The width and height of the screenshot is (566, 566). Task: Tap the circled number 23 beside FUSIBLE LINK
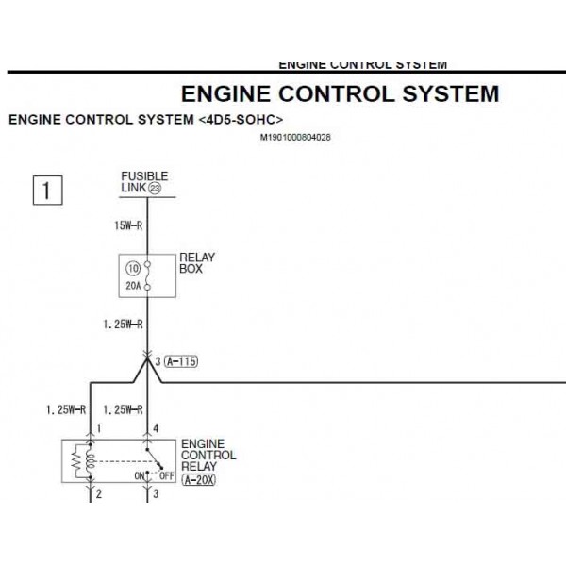point(155,189)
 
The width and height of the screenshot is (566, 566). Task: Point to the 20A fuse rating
point(133,283)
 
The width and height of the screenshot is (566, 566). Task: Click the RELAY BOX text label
point(196,263)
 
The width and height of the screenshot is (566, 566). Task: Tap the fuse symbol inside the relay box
point(148,275)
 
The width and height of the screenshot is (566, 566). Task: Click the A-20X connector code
point(198,479)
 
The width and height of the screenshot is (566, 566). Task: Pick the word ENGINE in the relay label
point(202,442)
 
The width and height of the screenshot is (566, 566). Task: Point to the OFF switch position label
point(169,476)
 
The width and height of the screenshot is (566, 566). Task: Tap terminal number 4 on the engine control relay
point(156,428)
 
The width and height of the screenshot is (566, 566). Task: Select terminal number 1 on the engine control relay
point(98,428)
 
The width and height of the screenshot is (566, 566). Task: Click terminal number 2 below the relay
point(98,492)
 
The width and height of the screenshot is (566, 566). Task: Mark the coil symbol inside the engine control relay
point(91,461)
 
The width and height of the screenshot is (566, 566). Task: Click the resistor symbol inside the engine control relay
point(75,461)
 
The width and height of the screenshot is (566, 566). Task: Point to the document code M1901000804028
point(295,137)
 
